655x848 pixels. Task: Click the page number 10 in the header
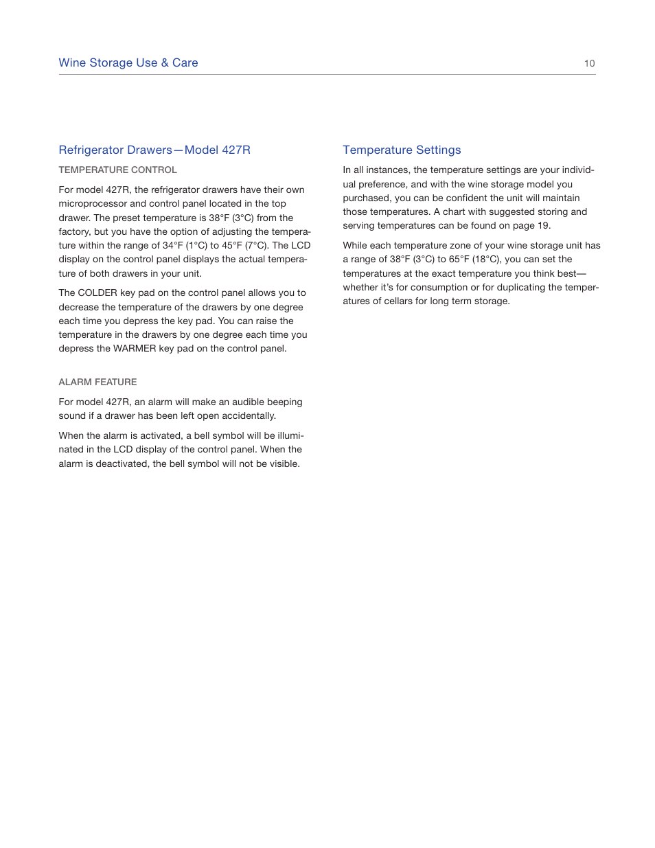pos(589,63)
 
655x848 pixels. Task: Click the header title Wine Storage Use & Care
pos(128,62)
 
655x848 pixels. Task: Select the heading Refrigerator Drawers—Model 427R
pos(154,150)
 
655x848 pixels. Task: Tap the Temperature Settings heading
pos(402,150)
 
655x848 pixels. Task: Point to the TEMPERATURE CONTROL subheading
pos(117,170)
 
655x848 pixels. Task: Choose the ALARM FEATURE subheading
pos(97,382)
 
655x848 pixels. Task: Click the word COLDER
pos(97,293)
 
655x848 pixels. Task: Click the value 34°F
pos(172,245)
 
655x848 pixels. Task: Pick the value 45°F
pos(231,245)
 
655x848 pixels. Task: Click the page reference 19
pos(543,225)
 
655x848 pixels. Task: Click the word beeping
pos(284,402)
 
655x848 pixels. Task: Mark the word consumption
pos(436,287)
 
